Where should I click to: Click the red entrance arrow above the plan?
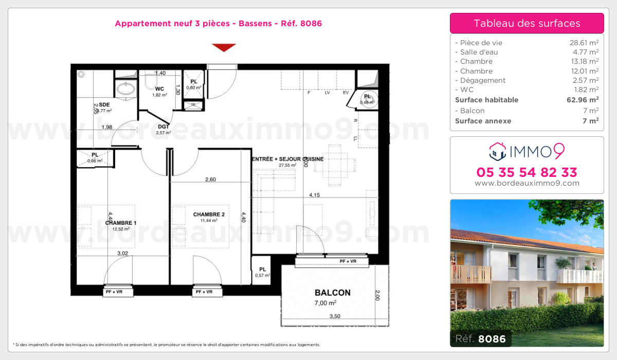click(224, 47)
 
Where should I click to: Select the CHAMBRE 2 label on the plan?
click(209, 214)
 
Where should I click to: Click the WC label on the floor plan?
click(159, 88)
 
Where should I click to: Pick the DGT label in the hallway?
click(164, 127)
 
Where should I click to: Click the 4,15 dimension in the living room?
click(315, 195)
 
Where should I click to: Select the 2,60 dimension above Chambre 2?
click(210, 179)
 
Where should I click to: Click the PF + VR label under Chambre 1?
click(119, 292)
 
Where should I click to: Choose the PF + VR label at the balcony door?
click(348, 262)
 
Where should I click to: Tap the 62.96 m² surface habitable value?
click(582, 100)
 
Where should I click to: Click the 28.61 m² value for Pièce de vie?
click(580, 43)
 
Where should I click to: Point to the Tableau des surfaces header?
click(527, 23)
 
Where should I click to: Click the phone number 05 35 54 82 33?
click(527, 172)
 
